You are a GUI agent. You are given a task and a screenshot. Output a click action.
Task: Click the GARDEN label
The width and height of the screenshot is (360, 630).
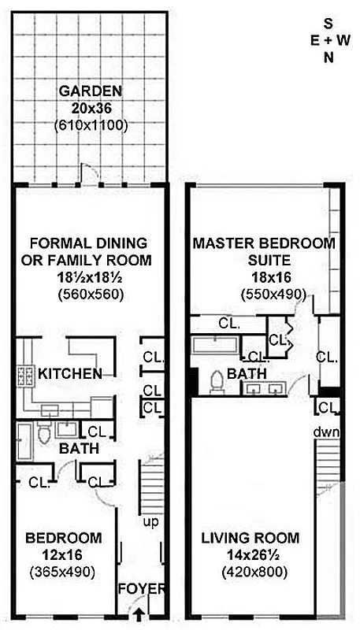click(90, 91)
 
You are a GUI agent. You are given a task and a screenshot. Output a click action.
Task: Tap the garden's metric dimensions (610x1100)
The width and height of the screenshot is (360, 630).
click(90, 124)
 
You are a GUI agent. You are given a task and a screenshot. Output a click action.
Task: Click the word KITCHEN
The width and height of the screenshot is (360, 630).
click(69, 373)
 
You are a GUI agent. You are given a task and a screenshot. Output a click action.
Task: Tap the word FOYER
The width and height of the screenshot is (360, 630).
click(142, 589)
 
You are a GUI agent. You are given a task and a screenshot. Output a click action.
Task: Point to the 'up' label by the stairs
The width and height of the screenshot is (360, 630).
click(146, 522)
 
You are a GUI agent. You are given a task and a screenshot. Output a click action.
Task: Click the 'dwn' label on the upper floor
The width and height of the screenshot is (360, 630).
click(325, 432)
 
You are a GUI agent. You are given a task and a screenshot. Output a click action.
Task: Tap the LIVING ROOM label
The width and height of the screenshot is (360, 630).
click(251, 539)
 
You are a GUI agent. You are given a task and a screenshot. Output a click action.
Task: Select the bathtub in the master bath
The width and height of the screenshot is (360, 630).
click(213, 343)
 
